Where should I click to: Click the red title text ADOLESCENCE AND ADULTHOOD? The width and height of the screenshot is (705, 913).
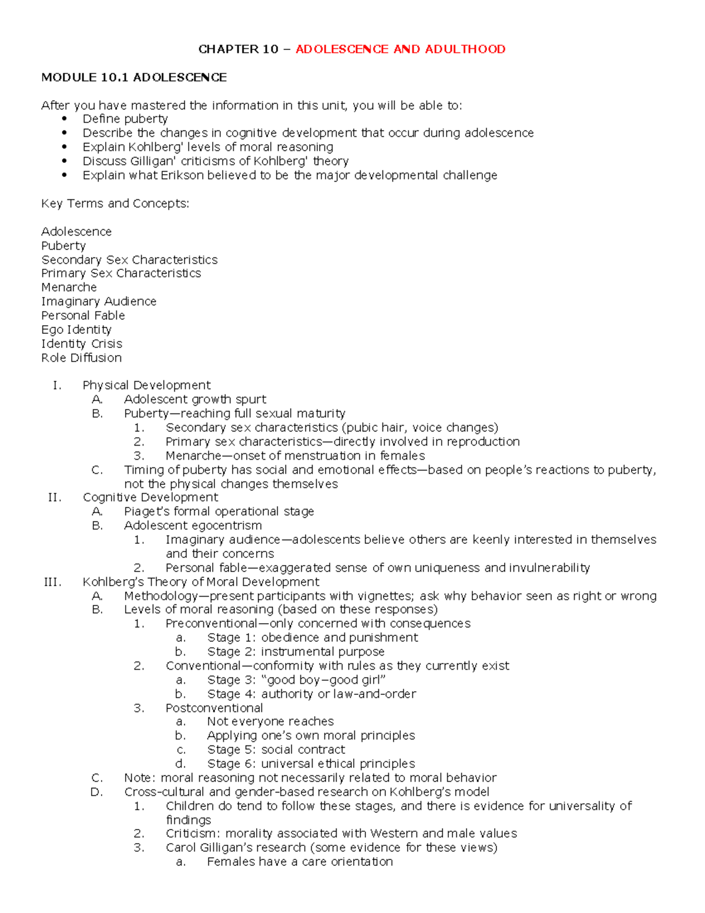(x=400, y=49)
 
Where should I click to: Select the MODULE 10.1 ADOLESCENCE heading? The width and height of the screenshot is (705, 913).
(x=133, y=78)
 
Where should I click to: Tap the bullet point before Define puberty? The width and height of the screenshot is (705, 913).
(x=65, y=119)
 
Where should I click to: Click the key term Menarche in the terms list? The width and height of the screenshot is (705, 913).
(x=69, y=287)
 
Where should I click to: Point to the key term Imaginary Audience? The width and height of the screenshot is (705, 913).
(x=99, y=302)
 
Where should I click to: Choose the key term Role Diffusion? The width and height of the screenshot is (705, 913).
(x=82, y=358)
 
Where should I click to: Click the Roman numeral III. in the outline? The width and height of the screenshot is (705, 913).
(x=52, y=582)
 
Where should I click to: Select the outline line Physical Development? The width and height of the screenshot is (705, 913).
(x=146, y=386)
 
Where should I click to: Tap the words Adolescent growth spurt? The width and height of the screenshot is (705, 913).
(x=195, y=400)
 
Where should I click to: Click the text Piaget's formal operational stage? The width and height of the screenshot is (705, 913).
(x=219, y=511)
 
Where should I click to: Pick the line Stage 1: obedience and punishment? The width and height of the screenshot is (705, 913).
(x=312, y=638)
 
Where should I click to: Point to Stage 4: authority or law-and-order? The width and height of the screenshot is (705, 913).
(x=311, y=694)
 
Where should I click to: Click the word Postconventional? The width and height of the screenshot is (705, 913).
(x=214, y=708)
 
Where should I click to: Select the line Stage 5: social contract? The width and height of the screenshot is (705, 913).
(x=276, y=750)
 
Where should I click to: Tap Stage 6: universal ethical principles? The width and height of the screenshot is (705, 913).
(x=311, y=764)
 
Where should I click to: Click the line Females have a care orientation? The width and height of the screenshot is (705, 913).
(x=300, y=862)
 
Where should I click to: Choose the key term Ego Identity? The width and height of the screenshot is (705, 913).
(x=76, y=330)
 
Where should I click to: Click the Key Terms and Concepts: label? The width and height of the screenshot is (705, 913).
(x=115, y=204)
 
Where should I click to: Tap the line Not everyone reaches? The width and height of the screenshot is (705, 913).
(x=270, y=722)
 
